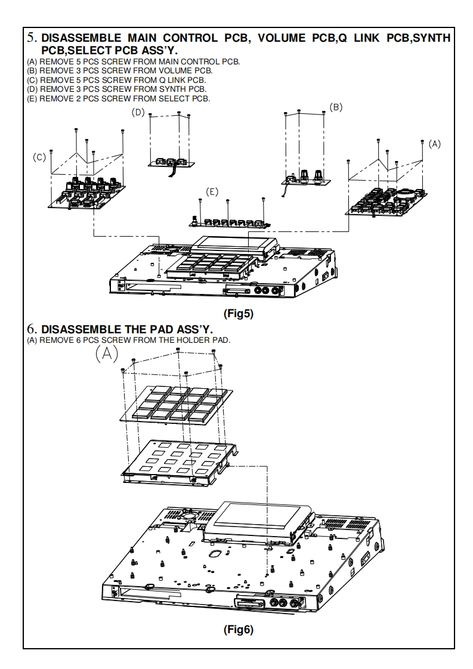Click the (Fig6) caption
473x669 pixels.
click(237, 630)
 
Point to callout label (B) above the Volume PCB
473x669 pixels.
click(336, 107)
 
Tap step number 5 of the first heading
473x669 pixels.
click(32, 38)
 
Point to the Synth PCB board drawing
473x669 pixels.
click(170, 162)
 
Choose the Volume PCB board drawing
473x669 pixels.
click(306, 177)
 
